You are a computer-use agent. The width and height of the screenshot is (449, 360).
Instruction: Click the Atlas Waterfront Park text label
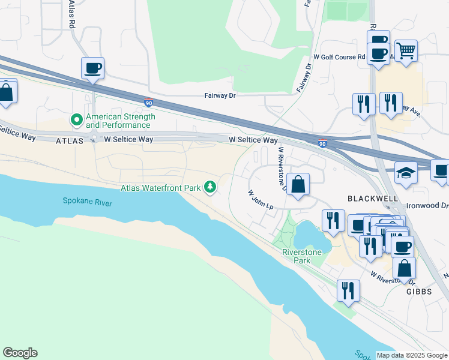[x=160, y=188]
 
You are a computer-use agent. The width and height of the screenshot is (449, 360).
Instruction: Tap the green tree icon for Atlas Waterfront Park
[x=210, y=188]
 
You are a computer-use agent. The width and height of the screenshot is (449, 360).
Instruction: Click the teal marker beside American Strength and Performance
[x=77, y=121]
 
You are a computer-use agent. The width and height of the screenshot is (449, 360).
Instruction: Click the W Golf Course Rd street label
[x=343, y=57]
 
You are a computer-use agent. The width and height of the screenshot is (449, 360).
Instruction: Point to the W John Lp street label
[x=261, y=200]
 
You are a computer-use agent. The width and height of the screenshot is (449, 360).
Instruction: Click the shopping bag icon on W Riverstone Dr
[x=298, y=184]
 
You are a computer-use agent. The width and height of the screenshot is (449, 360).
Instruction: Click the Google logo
[x=20, y=353]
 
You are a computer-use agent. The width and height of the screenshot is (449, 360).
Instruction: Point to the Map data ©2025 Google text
[x=412, y=355]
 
